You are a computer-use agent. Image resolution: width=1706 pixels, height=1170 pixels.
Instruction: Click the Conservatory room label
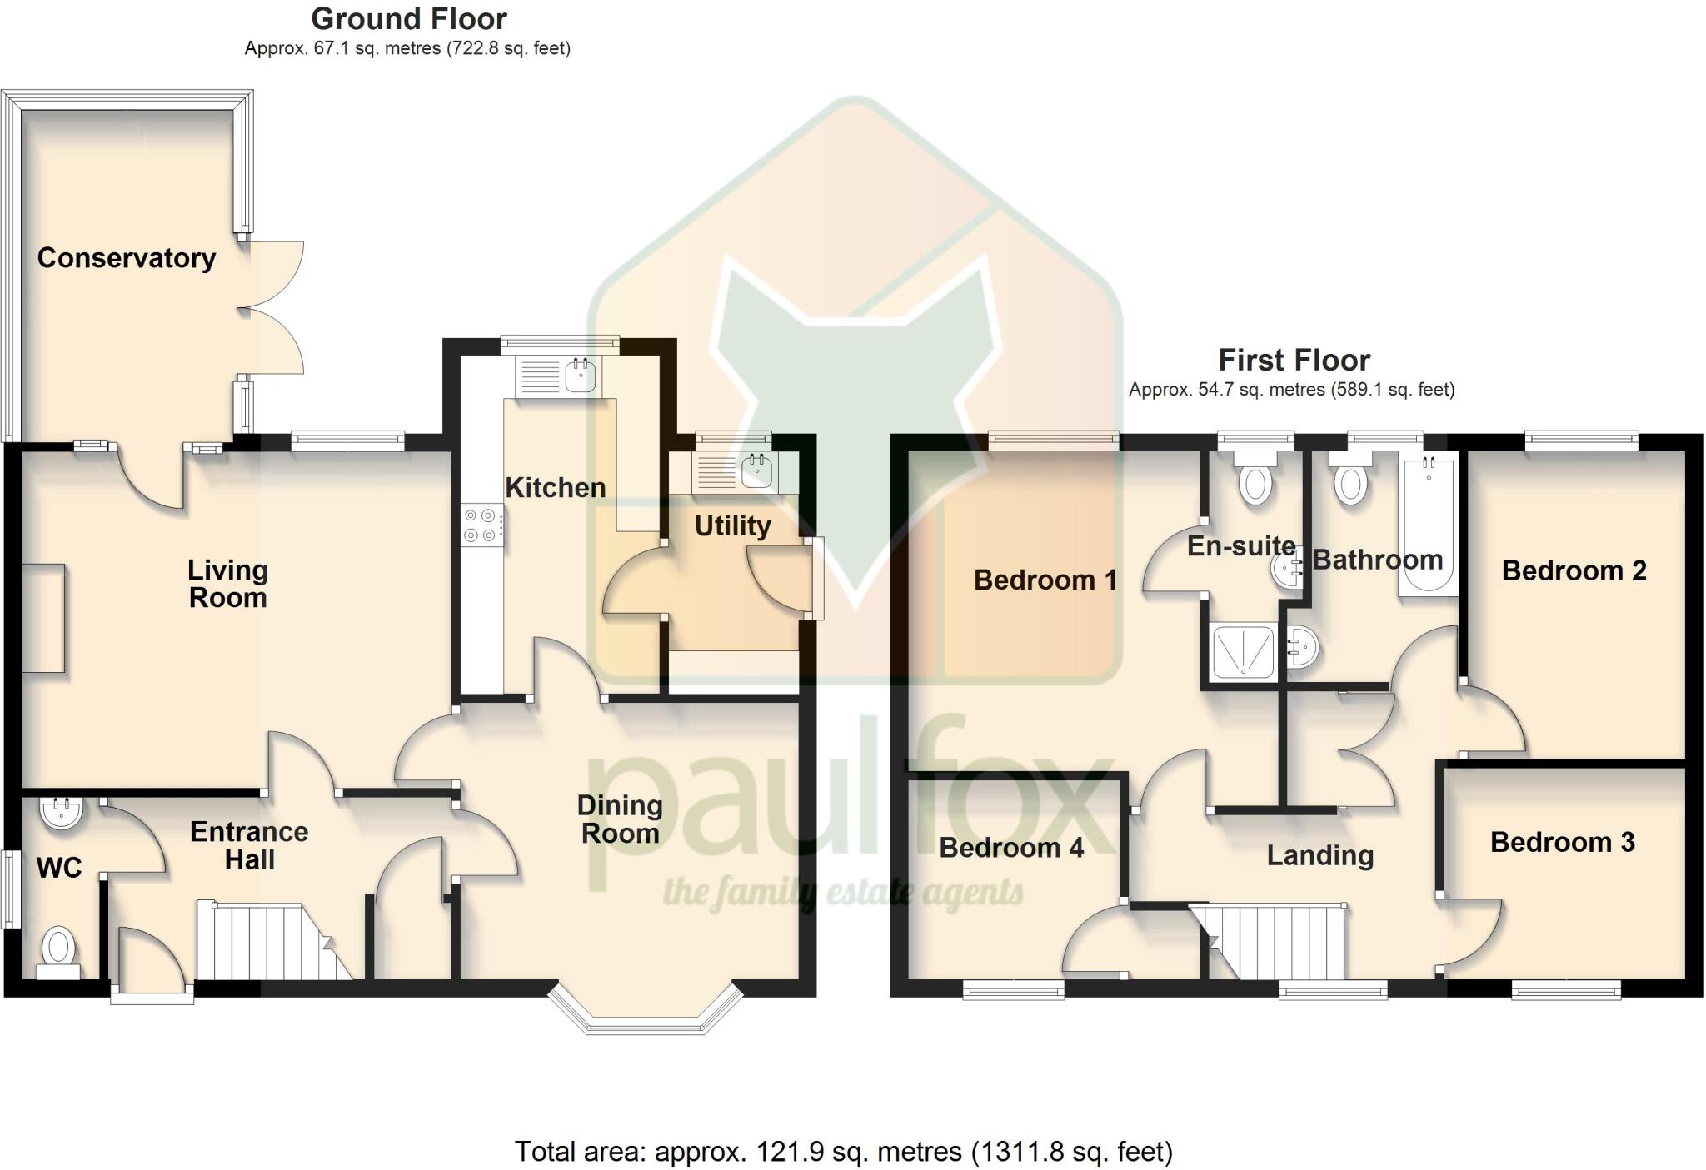(127, 258)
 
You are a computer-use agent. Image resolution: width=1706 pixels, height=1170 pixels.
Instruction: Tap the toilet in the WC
(58, 952)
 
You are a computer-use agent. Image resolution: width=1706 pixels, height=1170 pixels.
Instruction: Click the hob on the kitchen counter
(482, 525)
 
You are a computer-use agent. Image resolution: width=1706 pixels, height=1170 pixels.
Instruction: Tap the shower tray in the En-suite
(1244, 650)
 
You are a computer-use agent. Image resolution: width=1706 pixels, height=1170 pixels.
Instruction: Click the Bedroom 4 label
(1011, 848)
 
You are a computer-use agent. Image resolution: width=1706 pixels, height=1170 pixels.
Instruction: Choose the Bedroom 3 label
(1562, 842)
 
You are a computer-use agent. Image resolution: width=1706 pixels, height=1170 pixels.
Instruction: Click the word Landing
(1319, 855)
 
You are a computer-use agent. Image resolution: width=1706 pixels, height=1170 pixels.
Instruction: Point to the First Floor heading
(1294, 360)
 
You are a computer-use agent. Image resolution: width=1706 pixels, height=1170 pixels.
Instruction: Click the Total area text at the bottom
(843, 1152)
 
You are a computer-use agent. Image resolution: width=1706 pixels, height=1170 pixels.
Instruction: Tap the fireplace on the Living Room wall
(42, 617)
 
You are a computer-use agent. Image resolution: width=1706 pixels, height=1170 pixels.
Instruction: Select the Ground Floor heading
(408, 18)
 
